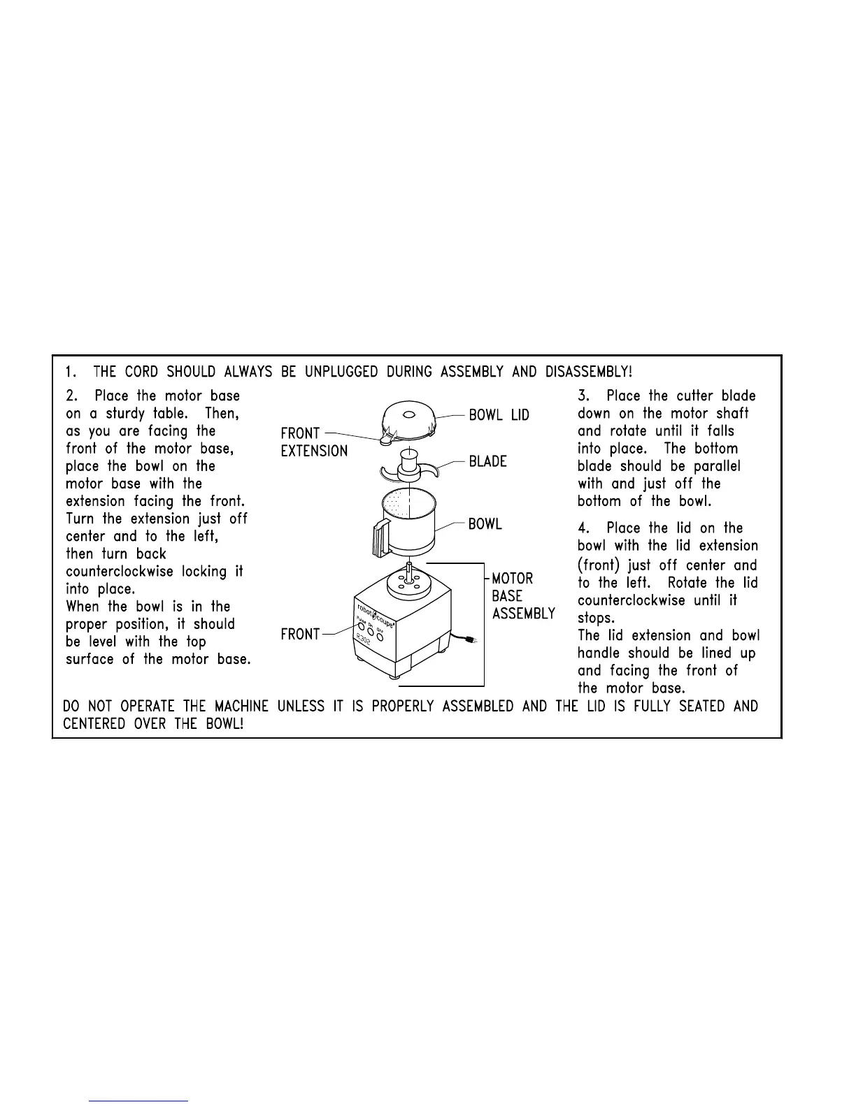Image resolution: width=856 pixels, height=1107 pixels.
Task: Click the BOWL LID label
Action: click(499, 415)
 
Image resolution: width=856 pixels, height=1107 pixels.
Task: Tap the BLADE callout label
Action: click(487, 461)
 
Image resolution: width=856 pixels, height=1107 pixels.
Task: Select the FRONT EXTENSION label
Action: click(313, 442)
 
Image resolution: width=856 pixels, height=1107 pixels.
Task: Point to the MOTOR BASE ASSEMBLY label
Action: click(523, 596)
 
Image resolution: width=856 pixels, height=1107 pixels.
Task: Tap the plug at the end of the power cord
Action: click(473, 640)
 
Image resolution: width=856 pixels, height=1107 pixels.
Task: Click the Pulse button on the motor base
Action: click(362, 627)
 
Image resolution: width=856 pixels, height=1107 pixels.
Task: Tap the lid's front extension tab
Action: click(383, 439)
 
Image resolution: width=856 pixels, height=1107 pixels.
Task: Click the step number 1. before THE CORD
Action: click(71, 371)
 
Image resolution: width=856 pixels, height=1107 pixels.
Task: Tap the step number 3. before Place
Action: click(584, 396)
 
